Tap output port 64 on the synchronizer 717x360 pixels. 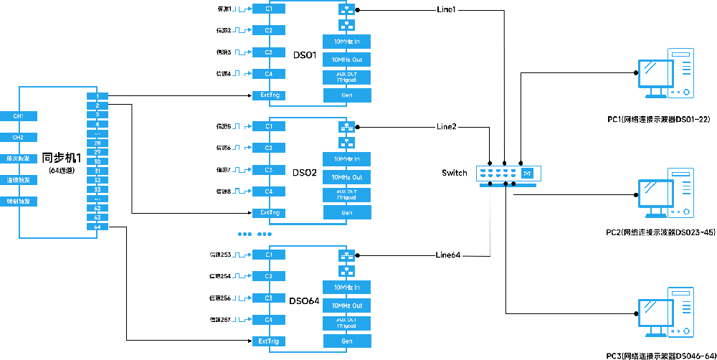pyautogui.click(x=97, y=227)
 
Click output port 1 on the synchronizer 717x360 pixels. pyautogui.click(x=97, y=95)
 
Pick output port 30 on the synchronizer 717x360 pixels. pyautogui.click(x=97, y=161)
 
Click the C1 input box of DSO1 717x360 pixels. pyautogui.click(x=268, y=9)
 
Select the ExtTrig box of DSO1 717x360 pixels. pyautogui.click(x=268, y=95)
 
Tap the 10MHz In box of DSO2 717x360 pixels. pyautogui.click(x=347, y=158)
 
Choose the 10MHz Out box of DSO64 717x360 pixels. pyautogui.click(x=347, y=305)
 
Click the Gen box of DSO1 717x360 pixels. pyautogui.click(x=347, y=95)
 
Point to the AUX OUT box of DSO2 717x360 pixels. pyautogui.click(x=347, y=194)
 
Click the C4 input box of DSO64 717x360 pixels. pyautogui.click(x=268, y=319)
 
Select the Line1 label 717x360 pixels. pyautogui.click(x=446, y=9)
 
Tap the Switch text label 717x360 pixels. pyautogui.click(x=455, y=173)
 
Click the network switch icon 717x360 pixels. pyautogui.click(x=510, y=174)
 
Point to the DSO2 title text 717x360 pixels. pyautogui.click(x=305, y=172)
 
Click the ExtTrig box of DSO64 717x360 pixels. pyautogui.click(x=268, y=341)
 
